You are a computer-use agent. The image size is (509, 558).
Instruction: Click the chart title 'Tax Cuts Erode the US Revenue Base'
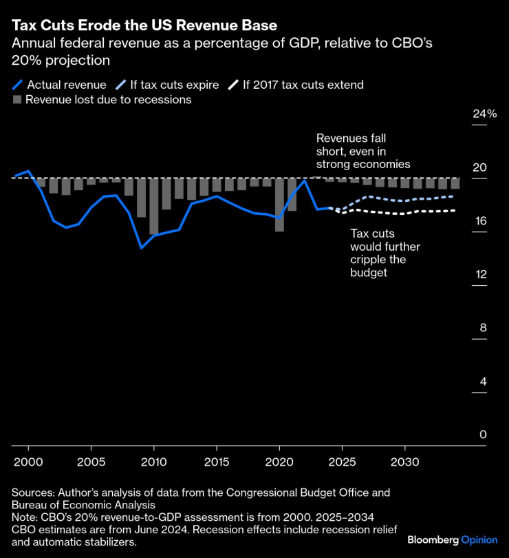click(x=144, y=26)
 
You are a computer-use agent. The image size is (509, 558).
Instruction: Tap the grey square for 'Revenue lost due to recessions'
click(x=17, y=100)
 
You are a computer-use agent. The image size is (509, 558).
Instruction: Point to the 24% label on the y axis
click(x=484, y=114)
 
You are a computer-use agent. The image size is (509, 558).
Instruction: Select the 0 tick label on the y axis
click(x=483, y=435)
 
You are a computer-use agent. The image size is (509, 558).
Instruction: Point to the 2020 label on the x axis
click(x=279, y=460)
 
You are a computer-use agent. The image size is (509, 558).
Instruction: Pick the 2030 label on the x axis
click(x=404, y=460)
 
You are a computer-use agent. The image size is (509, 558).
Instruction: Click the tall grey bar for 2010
click(x=154, y=206)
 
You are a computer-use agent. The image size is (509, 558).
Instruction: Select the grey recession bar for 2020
click(x=279, y=205)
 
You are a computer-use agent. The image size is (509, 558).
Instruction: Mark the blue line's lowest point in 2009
click(x=141, y=247)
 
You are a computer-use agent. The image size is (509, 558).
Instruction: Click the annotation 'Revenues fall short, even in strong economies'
click(x=363, y=151)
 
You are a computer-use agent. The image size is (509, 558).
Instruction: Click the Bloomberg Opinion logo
click(x=452, y=539)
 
